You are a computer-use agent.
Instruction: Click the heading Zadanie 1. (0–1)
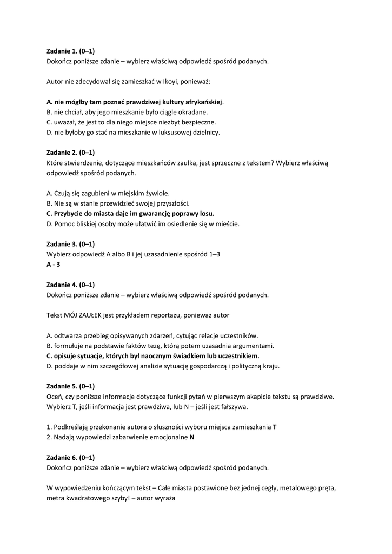pyautogui.click(x=71, y=51)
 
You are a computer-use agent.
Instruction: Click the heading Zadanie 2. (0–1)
pyautogui.click(x=71, y=153)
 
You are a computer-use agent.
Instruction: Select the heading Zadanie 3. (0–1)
pyautogui.click(x=71, y=244)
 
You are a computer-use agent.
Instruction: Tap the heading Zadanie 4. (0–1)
pyautogui.click(x=71, y=285)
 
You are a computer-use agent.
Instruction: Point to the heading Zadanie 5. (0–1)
pyautogui.click(x=71, y=386)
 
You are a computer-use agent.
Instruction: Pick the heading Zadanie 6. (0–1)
pyautogui.click(x=71, y=457)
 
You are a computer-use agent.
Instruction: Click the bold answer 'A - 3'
pyautogui.click(x=54, y=265)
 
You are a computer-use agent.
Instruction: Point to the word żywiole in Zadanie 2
pyautogui.click(x=155, y=193)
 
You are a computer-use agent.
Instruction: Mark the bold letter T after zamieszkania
pyautogui.click(x=275, y=427)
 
